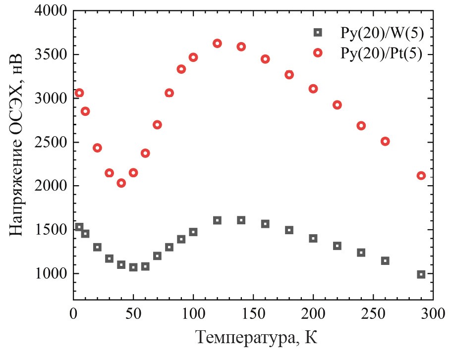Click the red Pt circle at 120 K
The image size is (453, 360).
pyautogui.click(x=217, y=44)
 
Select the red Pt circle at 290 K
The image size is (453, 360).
pyautogui.click(x=421, y=176)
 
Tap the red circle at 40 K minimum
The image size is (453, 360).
pyautogui.click(x=121, y=183)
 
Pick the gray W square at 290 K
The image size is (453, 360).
pyautogui.click(x=421, y=274)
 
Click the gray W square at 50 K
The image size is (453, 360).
pyautogui.click(x=133, y=267)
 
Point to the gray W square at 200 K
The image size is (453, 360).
pyautogui.click(x=313, y=238)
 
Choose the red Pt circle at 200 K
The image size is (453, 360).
pyautogui.click(x=313, y=89)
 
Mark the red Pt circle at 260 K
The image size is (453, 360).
pyautogui.click(x=385, y=142)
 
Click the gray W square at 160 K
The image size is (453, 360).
pyautogui.click(x=265, y=224)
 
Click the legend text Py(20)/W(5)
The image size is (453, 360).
pyautogui.click(x=382, y=33)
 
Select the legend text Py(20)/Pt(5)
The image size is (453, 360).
pyautogui.click(x=382, y=53)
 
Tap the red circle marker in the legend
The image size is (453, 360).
pyautogui.click(x=318, y=53)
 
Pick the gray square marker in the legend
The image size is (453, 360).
pyautogui.click(x=318, y=33)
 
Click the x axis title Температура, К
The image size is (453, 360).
pyautogui.click(x=255, y=338)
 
